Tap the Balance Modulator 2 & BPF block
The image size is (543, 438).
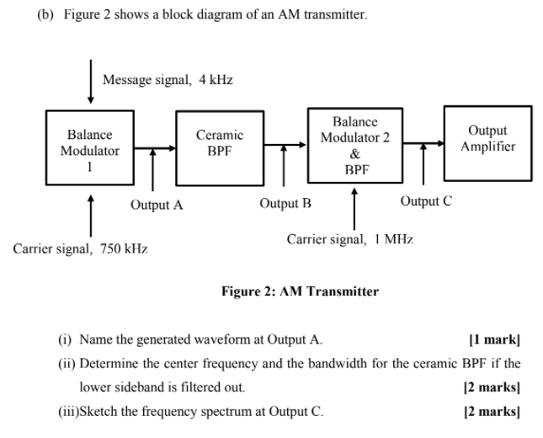pyautogui.click(x=354, y=145)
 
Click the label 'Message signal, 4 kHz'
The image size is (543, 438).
pyautogui.click(x=168, y=80)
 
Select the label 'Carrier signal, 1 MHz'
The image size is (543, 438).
pyautogui.click(x=350, y=239)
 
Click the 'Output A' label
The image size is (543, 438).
pyautogui.click(x=157, y=205)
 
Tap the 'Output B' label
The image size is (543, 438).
pyautogui.click(x=285, y=203)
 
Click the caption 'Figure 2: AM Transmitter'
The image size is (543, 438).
pyautogui.click(x=300, y=291)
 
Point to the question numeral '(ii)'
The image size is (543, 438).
pyautogui.click(x=66, y=364)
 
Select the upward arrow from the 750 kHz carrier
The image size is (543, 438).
pyautogui.click(x=90, y=214)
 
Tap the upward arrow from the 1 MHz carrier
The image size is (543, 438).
pyautogui.click(x=354, y=207)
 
